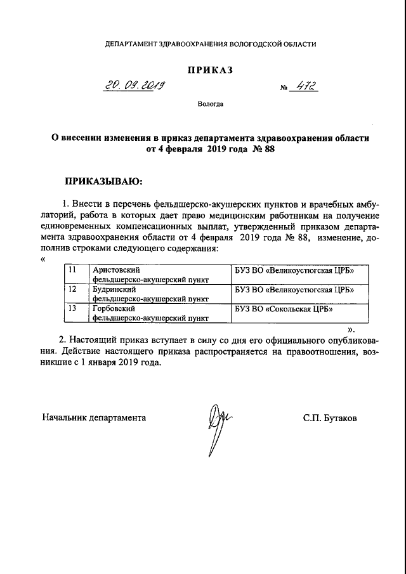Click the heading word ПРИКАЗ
210,70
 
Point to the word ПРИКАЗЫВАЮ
104,181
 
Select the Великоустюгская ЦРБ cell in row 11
294,271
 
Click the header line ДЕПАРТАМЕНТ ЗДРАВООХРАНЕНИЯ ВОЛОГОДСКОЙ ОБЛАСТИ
210,44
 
